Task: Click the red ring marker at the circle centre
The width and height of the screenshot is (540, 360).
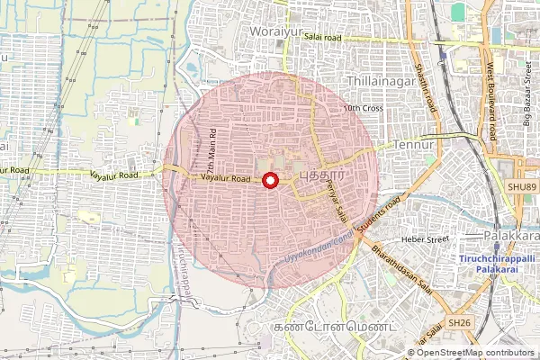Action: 269,181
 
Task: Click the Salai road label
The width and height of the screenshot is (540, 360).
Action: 323,38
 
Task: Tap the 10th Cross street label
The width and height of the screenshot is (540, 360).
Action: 364,108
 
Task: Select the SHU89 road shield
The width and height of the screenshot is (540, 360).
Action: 521,185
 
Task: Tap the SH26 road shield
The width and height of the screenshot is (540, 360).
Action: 458,322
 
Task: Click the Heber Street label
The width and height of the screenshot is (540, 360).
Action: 425,240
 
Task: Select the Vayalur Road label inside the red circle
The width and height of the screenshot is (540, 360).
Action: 225,179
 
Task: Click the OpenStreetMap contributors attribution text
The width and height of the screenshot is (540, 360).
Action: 475,353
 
